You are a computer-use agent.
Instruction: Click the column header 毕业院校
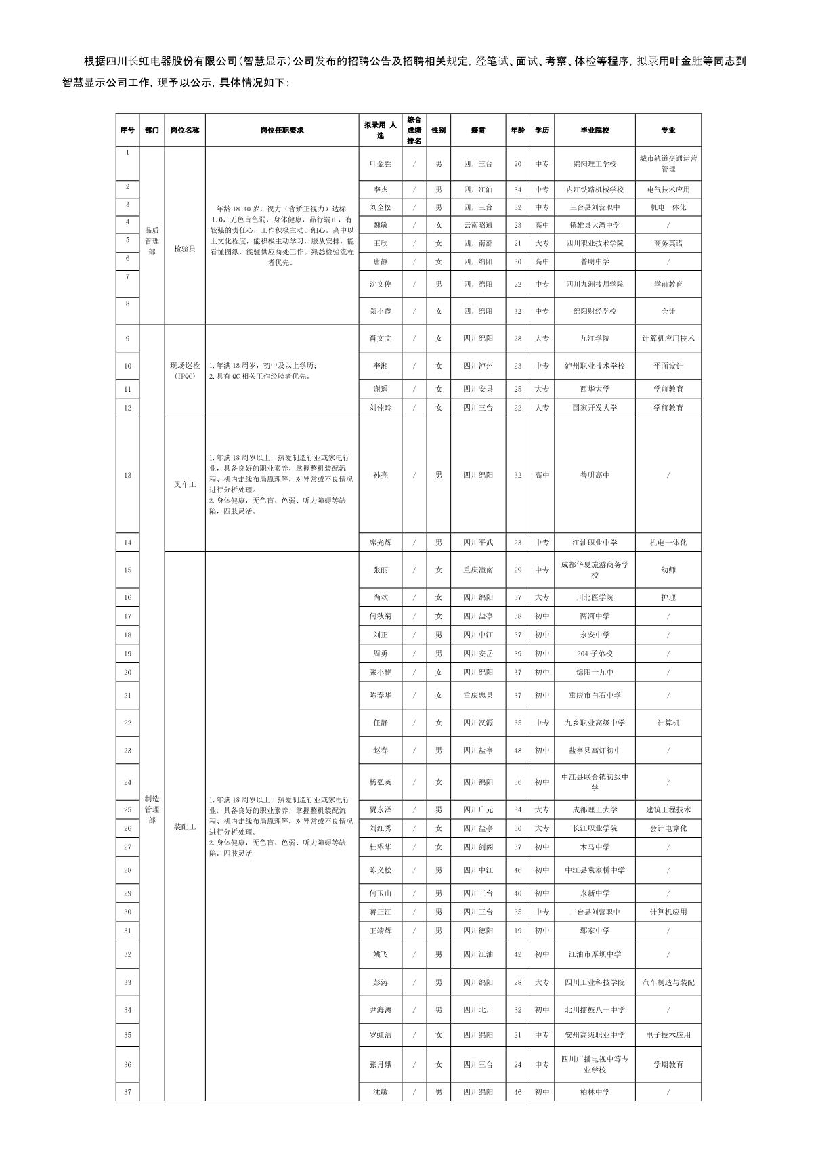[594, 130]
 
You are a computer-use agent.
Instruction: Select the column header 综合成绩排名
[414, 130]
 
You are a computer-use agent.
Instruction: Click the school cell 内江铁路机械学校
[594, 190]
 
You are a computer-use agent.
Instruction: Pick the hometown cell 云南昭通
[477, 225]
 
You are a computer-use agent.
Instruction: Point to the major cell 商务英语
[668, 243]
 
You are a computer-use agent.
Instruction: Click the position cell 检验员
[184, 249]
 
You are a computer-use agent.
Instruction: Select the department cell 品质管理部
[152, 241]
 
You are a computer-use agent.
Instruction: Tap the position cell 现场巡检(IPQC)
[184, 371]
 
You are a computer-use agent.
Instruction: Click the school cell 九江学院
[594, 339]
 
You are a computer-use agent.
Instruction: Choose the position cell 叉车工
[184, 484]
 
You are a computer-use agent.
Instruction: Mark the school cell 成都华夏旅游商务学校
[594, 570]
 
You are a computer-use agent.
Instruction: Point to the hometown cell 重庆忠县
[477, 696]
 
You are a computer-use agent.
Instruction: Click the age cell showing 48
[517, 751]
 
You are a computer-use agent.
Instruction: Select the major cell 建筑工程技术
[668, 809]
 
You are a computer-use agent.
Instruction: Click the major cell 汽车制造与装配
[668, 982]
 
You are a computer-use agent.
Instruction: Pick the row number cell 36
[127, 1064]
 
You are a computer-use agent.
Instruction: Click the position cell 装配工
[184, 827]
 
